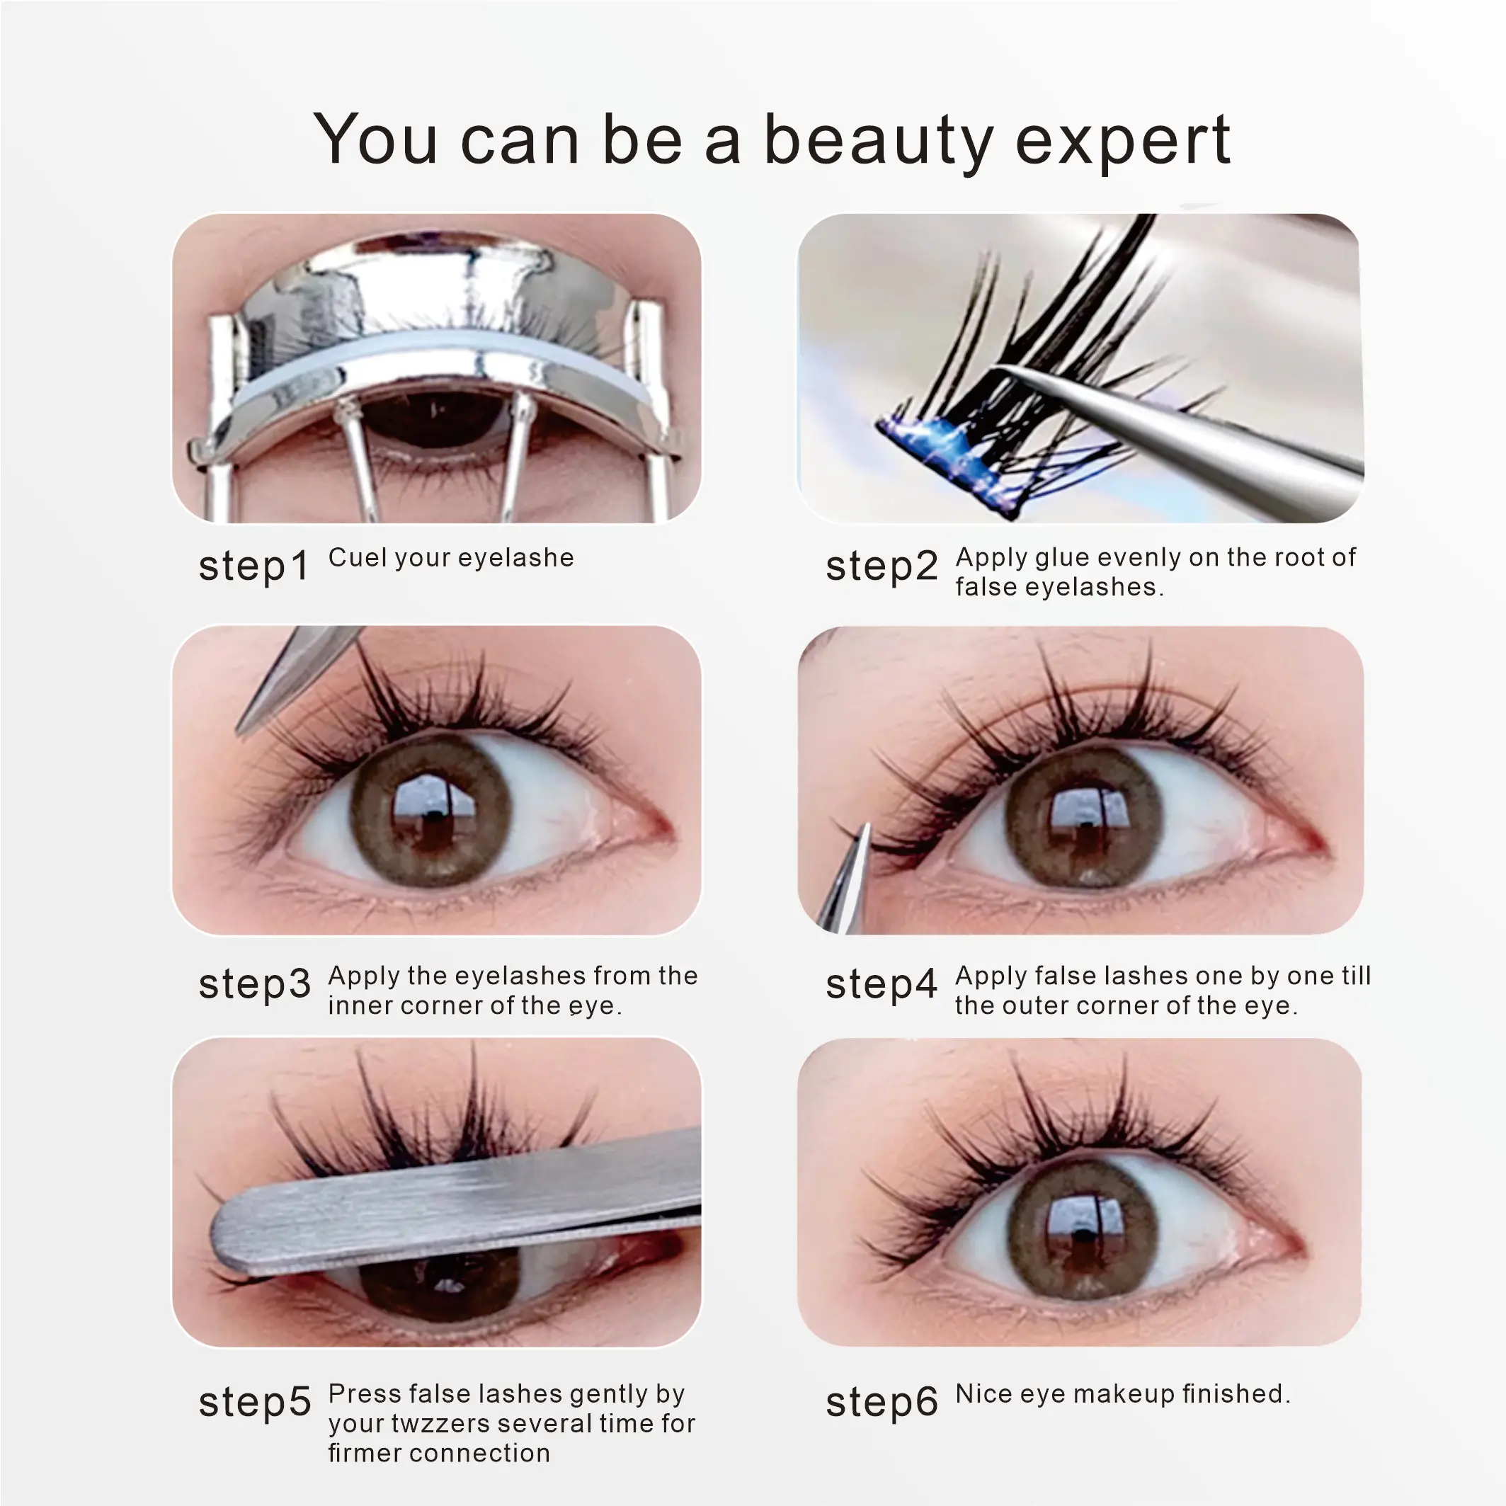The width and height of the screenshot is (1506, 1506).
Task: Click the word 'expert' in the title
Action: (1122, 142)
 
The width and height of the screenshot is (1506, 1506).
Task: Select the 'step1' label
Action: (254, 566)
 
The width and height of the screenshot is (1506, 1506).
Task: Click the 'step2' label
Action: (882, 566)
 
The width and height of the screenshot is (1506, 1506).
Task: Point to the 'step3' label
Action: (254, 984)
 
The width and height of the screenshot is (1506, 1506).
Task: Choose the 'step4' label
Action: (882, 984)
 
